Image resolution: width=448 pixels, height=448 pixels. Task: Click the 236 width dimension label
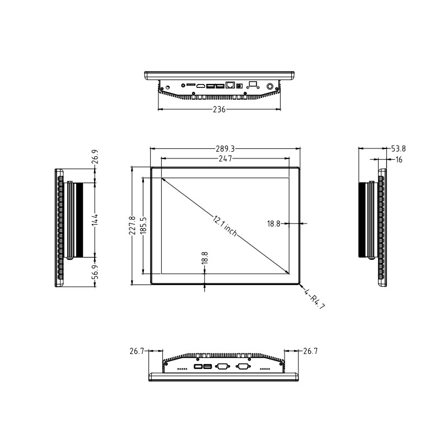219,110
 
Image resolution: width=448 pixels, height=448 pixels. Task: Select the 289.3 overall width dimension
225,149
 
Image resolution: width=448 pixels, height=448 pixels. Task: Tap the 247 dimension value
225,159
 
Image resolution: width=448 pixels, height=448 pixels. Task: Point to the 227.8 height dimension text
132,226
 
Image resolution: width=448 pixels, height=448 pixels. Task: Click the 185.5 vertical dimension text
143,226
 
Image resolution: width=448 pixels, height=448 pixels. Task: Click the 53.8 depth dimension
398,149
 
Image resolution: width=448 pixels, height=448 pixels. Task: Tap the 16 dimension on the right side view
399,160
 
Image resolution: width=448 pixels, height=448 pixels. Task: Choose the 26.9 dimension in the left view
95,157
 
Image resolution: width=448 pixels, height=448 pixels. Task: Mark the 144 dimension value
95,219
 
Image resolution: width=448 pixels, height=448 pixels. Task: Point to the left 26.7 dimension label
137,352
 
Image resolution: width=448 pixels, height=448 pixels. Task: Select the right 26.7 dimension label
310,352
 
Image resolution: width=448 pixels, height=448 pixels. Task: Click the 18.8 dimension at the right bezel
273,223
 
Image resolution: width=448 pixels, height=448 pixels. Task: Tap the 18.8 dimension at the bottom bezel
204,258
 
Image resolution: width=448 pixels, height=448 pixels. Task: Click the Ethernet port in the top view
230,86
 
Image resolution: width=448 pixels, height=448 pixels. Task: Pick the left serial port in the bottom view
222,367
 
